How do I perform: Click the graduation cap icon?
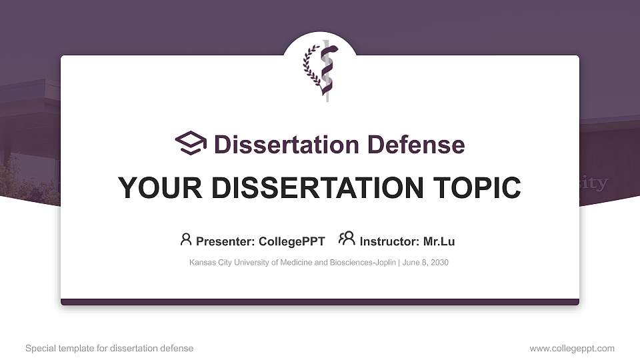[191, 143]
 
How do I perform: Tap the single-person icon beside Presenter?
[186, 239]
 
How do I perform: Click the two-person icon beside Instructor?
[347, 239]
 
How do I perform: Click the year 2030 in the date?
[439, 263]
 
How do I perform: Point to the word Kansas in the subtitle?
[202, 263]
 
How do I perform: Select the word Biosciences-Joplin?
[363, 263]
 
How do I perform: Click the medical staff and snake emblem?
[326, 70]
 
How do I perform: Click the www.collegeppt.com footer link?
[572, 349]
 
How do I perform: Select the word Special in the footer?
[40, 349]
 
